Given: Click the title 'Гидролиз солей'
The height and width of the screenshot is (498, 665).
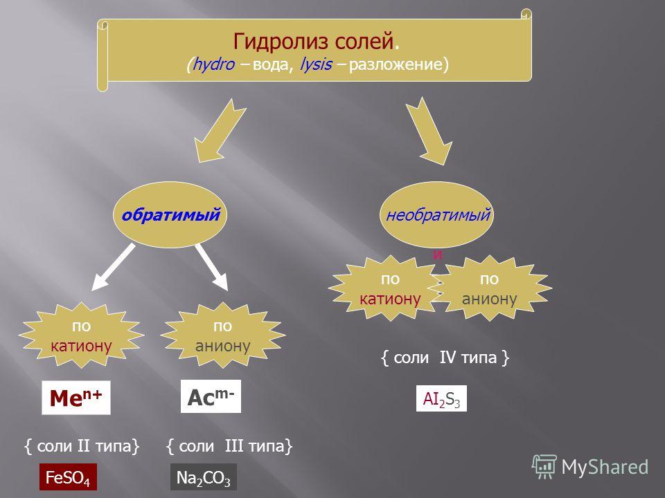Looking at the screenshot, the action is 314,41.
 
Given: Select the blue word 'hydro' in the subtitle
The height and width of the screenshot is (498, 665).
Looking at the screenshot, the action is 213,64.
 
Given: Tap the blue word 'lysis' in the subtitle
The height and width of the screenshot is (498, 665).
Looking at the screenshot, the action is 316,64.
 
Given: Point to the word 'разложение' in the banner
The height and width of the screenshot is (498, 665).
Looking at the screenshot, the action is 396,64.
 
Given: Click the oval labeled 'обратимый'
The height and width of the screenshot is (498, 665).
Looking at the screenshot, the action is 170,214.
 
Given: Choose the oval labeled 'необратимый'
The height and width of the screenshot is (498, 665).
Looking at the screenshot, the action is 437,214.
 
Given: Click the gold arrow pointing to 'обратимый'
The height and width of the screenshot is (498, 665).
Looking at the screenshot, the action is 219,131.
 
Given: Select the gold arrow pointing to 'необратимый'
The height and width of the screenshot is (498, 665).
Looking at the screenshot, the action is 429,131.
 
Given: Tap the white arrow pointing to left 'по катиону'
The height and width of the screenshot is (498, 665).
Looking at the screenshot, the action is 113,267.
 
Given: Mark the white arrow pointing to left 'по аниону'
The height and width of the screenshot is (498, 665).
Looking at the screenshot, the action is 212,267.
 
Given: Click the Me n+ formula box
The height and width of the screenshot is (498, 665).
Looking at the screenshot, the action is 76,398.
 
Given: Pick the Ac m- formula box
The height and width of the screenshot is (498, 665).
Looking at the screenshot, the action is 211,396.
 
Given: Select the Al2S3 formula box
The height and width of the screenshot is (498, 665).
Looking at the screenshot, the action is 441,398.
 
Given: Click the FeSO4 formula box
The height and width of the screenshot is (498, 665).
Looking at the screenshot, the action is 68,477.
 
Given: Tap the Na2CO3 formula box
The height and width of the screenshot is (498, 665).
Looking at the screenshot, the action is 204,477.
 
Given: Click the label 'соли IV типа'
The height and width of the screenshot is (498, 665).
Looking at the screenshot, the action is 445,358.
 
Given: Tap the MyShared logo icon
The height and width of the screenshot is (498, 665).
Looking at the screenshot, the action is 544,467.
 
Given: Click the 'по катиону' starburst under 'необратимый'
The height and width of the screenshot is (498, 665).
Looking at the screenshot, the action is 387,288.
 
